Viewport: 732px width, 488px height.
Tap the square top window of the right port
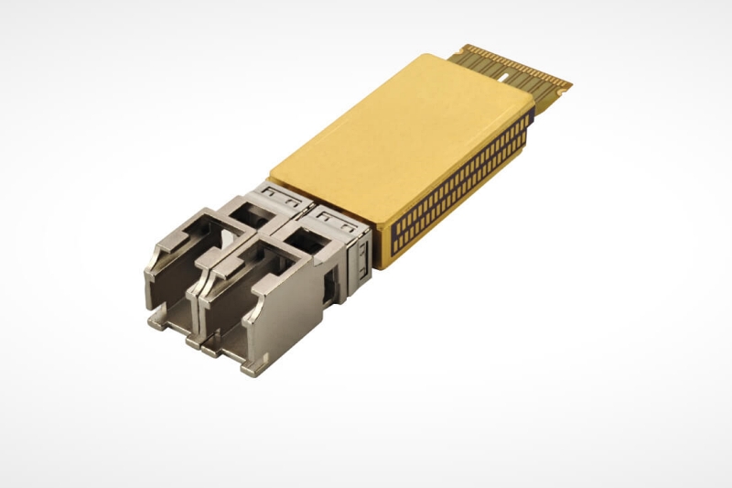301,243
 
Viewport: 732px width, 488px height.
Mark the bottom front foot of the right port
252,367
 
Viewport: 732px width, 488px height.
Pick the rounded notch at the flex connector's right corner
566,87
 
